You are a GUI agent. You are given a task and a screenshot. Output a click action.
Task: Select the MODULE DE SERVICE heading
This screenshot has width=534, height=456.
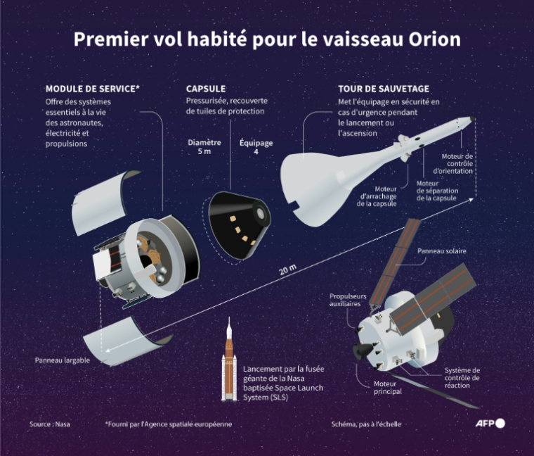[92, 89]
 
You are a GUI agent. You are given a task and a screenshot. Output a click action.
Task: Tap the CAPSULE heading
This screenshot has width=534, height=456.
[206, 89]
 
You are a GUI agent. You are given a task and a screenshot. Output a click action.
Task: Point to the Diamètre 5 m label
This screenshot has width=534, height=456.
[204, 146]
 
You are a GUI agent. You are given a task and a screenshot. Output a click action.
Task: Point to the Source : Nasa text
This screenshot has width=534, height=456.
[50, 424]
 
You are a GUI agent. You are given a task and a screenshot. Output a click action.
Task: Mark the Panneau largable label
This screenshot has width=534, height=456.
[62, 360]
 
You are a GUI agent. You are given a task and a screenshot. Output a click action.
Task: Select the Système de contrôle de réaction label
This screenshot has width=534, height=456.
[462, 378]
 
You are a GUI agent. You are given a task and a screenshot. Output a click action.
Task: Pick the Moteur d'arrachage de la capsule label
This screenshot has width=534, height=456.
[377, 196]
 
